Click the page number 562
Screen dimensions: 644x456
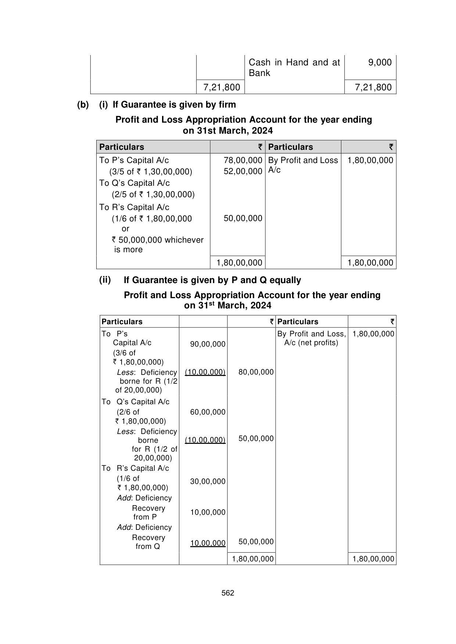pyautogui.click(x=228, y=593)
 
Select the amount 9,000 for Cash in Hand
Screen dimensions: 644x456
pyautogui.click(x=380, y=62)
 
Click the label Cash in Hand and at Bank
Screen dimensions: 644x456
pyautogui.click(x=294, y=68)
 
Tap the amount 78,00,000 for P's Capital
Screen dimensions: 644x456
pyautogui.click(x=243, y=160)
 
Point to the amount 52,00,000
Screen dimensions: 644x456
pyautogui.click(x=243, y=171)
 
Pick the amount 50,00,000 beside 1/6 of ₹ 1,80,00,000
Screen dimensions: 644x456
pyautogui.click(x=243, y=218)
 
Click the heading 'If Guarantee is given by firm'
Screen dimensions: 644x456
pyautogui.click(x=174, y=105)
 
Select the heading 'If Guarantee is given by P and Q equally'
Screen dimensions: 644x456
pyautogui.click(x=212, y=280)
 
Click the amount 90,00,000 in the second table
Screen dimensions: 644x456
pyautogui.click(x=208, y=344)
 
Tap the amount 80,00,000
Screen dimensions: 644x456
pyautogui.click(x=256, y=372)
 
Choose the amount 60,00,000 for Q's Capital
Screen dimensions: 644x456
pyautogui.click(x=208, y=412)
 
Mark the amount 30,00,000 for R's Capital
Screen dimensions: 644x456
pyautogui.click(x=208, y=481)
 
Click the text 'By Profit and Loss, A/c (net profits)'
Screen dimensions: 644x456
pyautogui.click(x=311, y=338)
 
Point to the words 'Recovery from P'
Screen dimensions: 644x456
pyautogui.click(x=148, y=513)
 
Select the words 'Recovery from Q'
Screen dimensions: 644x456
pyautogui.click(x=148, y=542)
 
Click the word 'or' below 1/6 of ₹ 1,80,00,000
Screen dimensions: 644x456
pyautogui.click(x=125, y=229)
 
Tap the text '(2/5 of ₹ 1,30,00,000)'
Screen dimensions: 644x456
pyautogui.click(x=153, y=194)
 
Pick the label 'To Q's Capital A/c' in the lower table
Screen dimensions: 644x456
pyautogui.click(x=135, y=402)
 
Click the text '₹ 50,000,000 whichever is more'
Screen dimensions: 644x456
pyautogui.click(x=157, y=245)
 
